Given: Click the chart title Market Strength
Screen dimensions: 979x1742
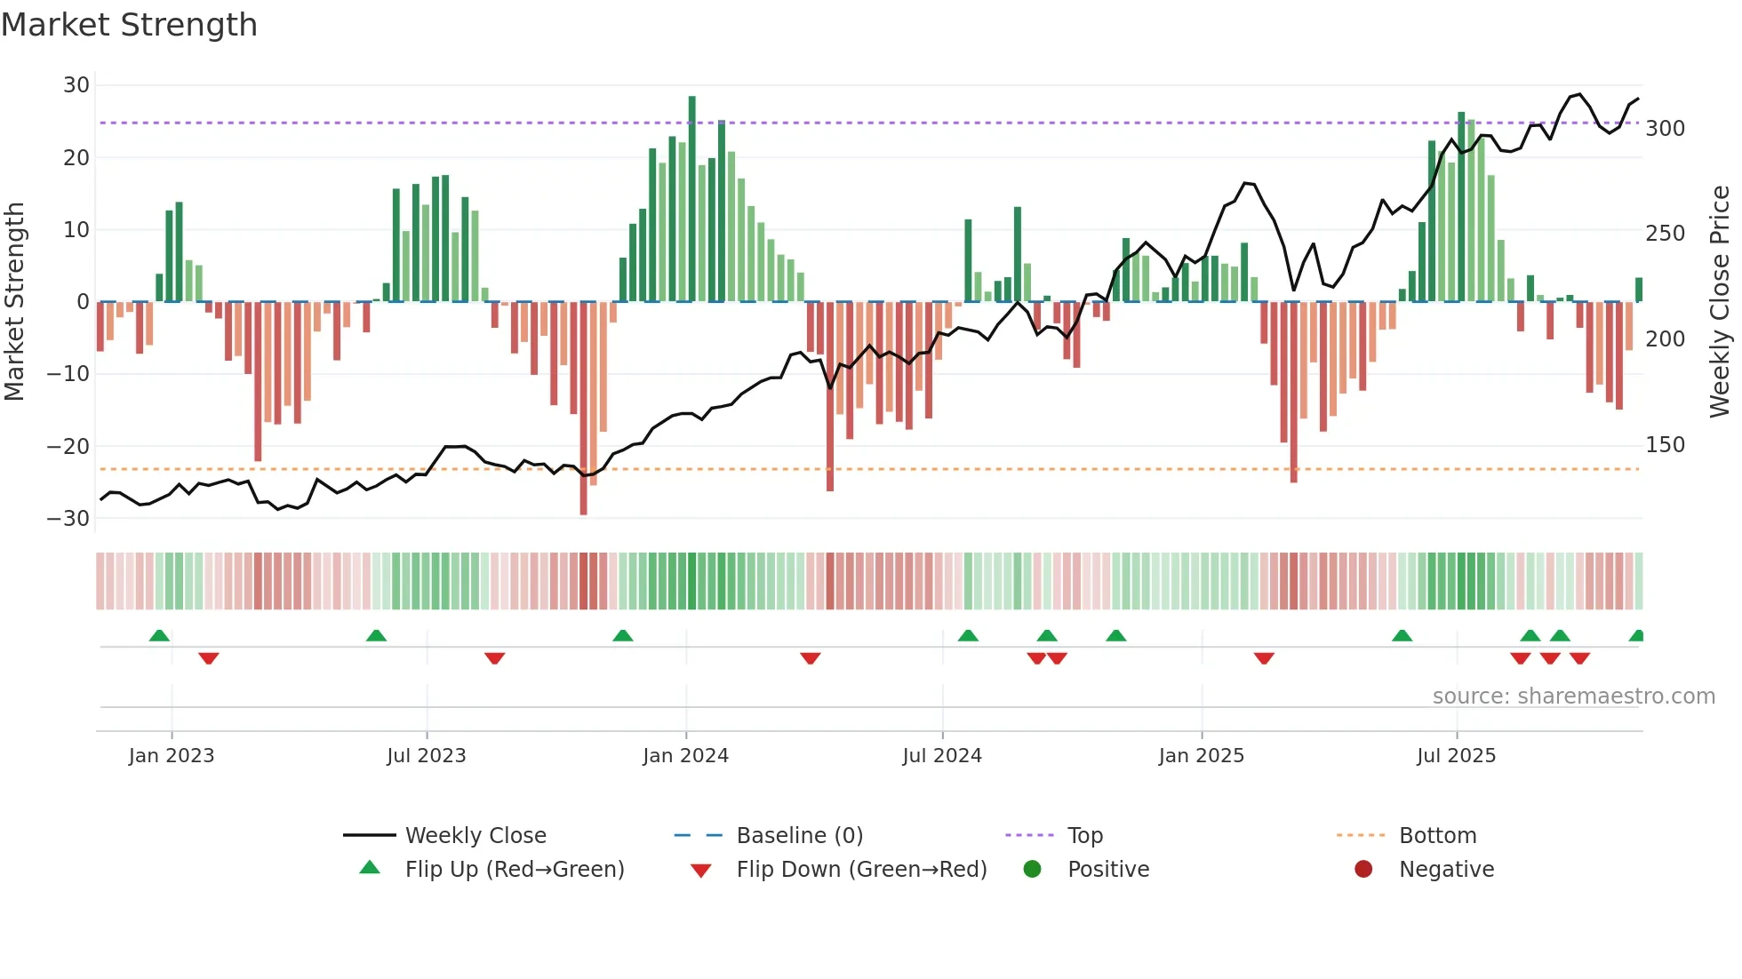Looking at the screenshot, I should click(129, 25).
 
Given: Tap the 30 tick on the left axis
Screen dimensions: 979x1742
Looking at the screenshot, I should click(76, 85).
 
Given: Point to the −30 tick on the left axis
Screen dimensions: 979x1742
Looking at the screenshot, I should click(68, 518).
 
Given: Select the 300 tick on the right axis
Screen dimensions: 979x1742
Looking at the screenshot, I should click(1665, 129).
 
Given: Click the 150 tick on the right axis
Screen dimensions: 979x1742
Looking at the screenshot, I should click(1665, 445).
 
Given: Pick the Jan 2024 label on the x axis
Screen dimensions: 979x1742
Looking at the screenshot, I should click(685, 756).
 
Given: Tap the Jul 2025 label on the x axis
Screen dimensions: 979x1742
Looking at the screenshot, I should click(1456, 756).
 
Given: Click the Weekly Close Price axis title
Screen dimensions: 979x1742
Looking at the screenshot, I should click(1720, 302).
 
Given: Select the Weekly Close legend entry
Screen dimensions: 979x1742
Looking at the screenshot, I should click(475, 836).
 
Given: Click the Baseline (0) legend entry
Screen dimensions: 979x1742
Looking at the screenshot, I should click(799, 836).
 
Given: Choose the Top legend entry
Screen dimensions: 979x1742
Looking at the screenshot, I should click(1084, 836).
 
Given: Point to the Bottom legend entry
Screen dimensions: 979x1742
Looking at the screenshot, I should click(1437, 836).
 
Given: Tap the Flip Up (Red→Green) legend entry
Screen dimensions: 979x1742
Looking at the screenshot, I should click(514, 870).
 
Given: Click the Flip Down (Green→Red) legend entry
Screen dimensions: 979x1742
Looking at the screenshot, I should click(861, 870).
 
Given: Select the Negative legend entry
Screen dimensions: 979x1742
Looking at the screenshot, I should click(1446, 870).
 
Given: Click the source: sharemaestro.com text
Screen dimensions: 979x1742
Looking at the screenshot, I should click(1573, 696).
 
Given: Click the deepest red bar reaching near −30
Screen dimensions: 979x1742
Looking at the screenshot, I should click(583, 409).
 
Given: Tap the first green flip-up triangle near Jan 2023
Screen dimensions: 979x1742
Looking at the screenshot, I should click(159, 636).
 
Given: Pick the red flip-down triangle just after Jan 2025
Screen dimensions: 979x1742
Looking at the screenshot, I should click(1264, 658).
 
